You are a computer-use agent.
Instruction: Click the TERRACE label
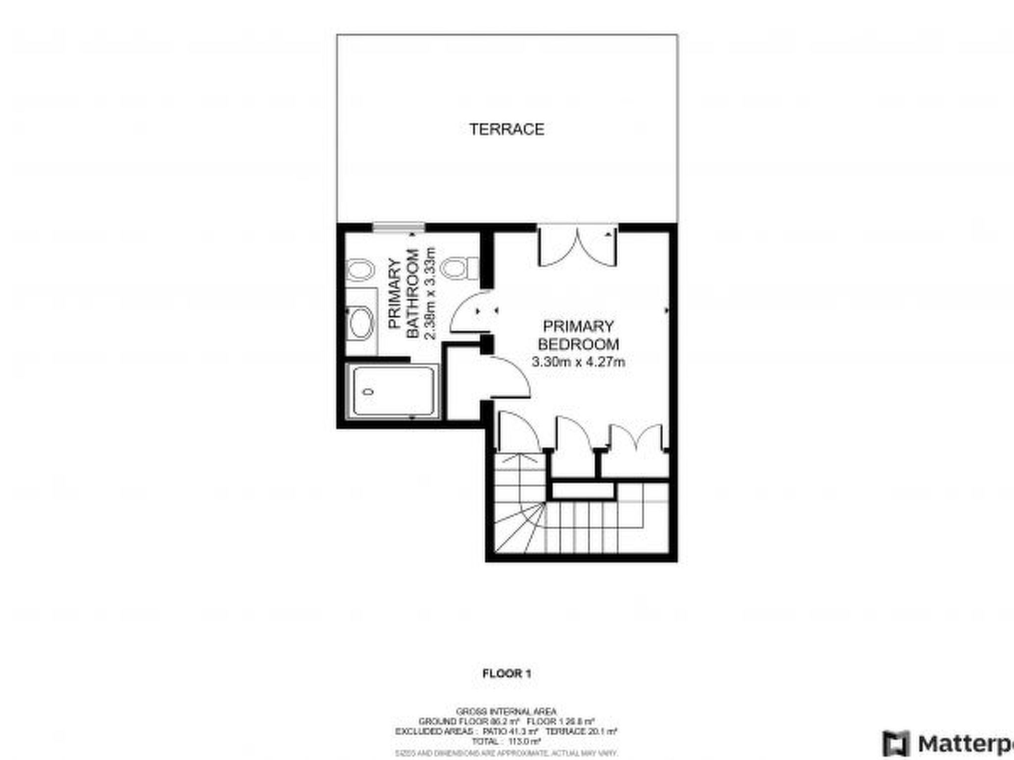[x=507, y=130]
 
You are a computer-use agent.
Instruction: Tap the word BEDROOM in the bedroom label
[x=578, y=344]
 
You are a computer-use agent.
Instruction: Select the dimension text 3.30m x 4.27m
[x=578, y=362]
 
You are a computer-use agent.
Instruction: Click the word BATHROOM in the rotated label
[x=412, y=294]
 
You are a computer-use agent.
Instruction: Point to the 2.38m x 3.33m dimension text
[x=430, y=294]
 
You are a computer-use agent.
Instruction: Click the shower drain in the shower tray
[x=368, y=392]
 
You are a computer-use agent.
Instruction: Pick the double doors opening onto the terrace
[x=577, y=246]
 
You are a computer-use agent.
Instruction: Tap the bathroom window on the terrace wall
[x=399, y=228]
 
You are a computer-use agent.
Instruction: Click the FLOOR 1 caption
[x=507, y=673]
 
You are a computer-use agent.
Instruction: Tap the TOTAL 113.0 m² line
[x=507, y=741]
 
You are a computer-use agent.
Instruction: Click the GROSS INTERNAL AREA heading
[x=507, y=712]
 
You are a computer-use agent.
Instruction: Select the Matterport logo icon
[x=897, y=744]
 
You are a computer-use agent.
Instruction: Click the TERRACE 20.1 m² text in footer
[x=581, y=731]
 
